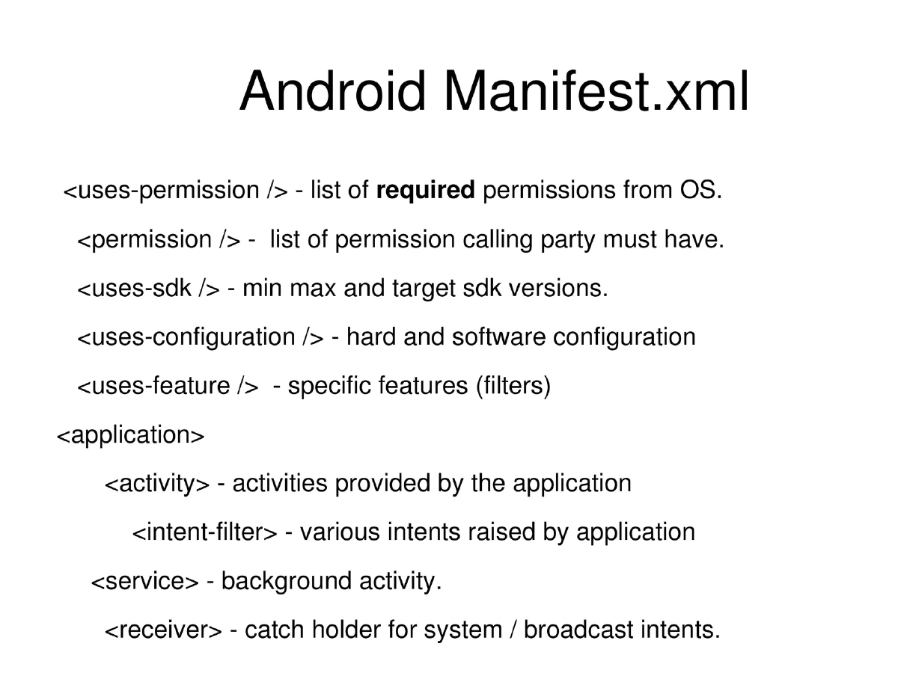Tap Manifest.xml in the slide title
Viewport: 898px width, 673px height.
click(x=596, y=91)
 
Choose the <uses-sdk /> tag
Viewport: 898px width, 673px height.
click(x=148, y=289)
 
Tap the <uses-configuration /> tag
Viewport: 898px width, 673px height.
click(x=201, y=337)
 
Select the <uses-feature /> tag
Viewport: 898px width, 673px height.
click(x=168, y=387)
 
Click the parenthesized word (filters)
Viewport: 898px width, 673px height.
click(x=513, y=387)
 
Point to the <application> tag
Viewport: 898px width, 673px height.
click(x=130, y=435)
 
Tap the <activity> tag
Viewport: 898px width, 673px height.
click(x=157, y=484)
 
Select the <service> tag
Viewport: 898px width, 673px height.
click(x=144, y=582)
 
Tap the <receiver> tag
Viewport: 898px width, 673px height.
click(x=163, y=630)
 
